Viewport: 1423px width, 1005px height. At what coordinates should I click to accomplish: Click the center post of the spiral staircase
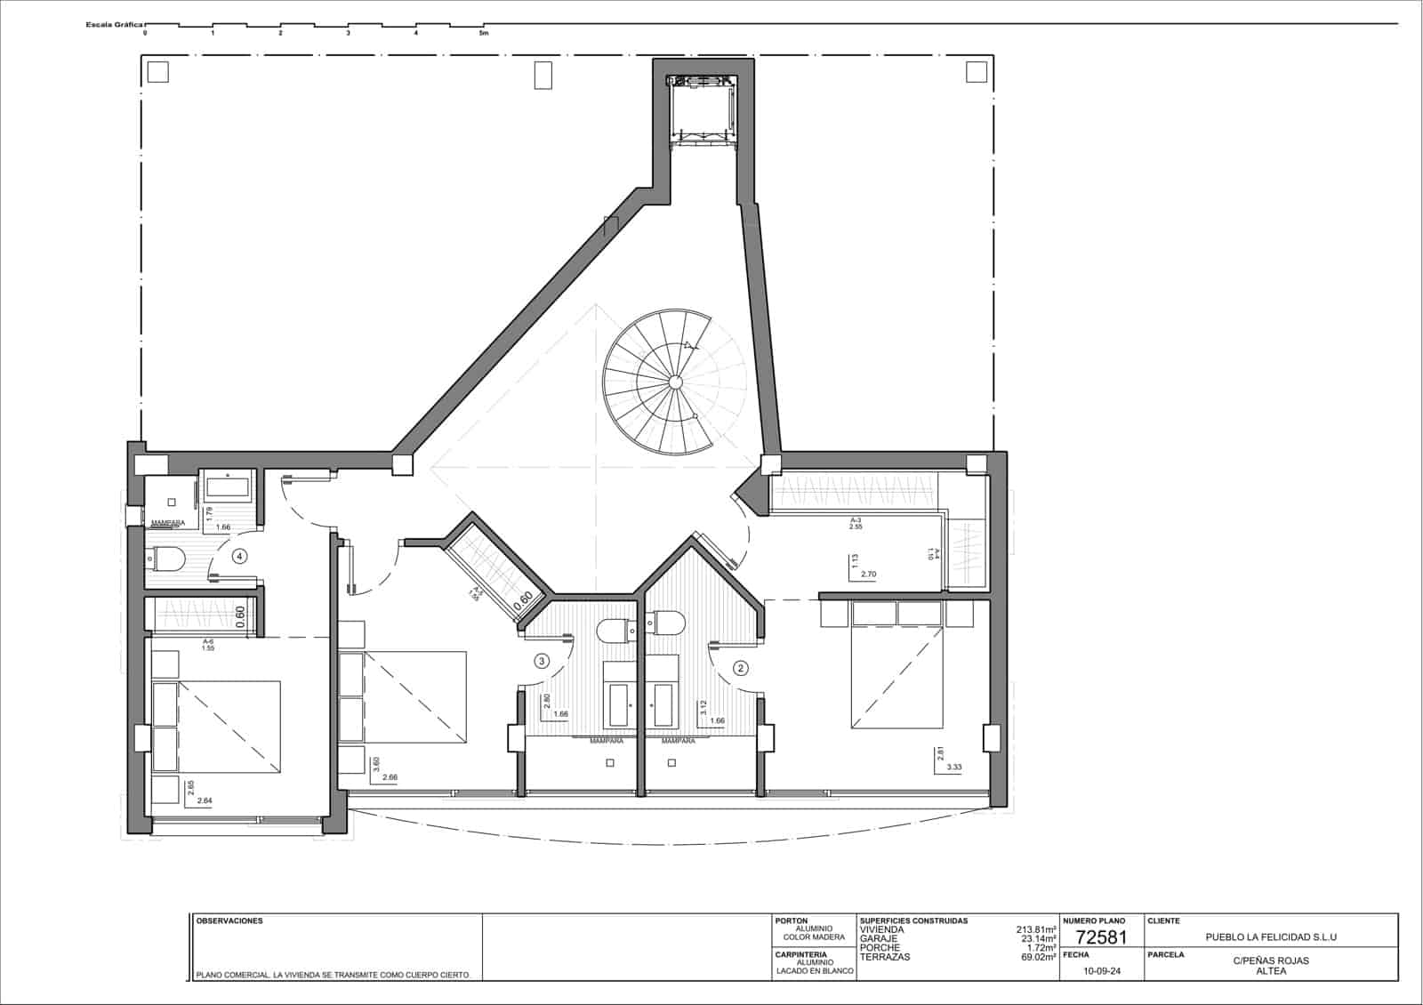point(675,382)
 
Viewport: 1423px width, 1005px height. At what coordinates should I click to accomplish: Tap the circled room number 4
point(239,557)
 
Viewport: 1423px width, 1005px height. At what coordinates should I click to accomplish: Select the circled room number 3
point(541,661)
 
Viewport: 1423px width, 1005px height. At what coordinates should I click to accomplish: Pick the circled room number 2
point(740,667)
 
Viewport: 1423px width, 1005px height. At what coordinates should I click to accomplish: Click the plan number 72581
point(1101,937)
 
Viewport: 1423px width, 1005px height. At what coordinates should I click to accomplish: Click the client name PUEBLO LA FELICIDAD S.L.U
point(1271,937)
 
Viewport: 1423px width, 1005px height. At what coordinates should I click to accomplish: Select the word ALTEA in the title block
point(1271,971)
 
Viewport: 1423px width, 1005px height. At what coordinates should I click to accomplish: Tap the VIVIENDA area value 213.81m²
point(1036,929)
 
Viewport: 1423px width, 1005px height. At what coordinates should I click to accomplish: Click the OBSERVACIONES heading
point(229,921)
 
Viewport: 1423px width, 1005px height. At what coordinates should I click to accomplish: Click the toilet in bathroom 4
point(166,559)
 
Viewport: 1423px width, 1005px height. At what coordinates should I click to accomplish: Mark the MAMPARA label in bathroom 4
point(168,523)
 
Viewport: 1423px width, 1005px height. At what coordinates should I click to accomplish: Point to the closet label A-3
point(856,519)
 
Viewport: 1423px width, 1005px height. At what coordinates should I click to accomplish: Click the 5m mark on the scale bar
point(484,33)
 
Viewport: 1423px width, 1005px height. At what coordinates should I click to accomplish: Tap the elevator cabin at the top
point(704,109)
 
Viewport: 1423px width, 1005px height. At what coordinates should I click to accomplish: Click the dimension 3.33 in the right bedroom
point(954,767)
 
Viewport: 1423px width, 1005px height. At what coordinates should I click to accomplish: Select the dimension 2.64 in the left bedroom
point(204,800)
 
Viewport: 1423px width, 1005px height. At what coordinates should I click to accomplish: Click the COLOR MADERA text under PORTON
point(808,937)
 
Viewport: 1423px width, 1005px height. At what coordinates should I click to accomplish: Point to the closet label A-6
point(208,641)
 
